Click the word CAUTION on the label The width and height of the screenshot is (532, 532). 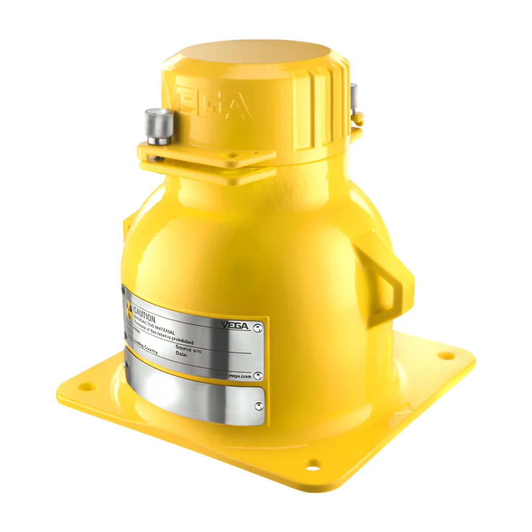(145, 313)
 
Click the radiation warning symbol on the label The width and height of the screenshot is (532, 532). (128, 309)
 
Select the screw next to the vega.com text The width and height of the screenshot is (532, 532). (258, 375)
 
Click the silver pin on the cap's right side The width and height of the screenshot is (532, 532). (353, 99)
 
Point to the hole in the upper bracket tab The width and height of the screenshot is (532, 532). (232, 154)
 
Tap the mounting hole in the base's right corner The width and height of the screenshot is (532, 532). (445, 355)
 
